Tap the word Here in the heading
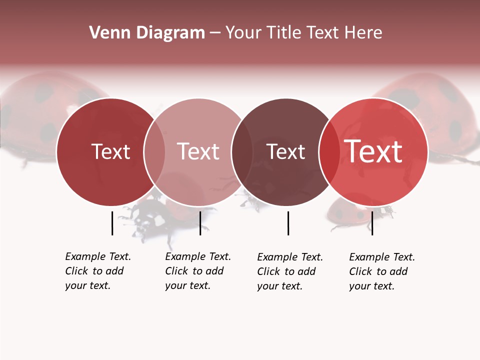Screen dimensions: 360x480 [364, 33]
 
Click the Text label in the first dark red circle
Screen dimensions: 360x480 [110, 151]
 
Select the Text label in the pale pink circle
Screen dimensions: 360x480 [198, 151]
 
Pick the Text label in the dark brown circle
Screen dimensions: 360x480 [286, 151]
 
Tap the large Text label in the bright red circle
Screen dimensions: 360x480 [373, 151]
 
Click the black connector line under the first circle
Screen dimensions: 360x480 [112, 223]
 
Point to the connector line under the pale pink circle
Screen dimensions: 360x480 [200, 223]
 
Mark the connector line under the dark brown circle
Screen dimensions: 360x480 [288, 223]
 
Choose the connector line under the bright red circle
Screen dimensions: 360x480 [372, 223]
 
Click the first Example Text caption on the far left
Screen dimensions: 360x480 [97, 271]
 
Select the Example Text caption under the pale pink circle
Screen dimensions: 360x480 [197, 271]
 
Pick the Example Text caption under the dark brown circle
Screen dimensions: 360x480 [289, 271]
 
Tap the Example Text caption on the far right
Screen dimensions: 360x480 [381, 271]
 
